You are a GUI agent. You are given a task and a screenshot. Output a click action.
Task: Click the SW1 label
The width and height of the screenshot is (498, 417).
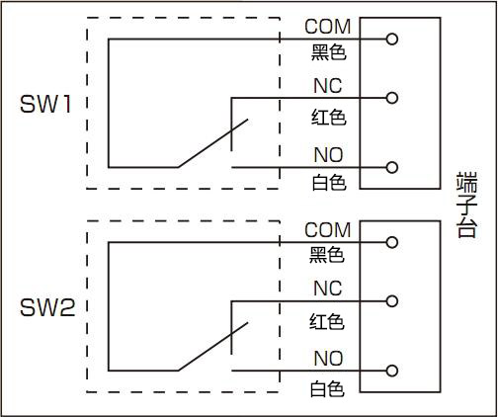click(x=45, y=104)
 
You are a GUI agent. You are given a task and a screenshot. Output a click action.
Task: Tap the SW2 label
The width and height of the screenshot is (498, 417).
click(x=47, y=307)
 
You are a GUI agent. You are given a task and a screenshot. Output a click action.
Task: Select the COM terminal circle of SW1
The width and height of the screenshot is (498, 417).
click(x=392, y=40)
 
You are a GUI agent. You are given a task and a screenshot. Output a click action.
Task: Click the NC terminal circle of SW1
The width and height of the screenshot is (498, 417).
click(x=392, y=98)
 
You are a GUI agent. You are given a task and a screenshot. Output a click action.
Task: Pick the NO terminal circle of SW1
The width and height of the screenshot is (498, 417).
click(x=392, y=167)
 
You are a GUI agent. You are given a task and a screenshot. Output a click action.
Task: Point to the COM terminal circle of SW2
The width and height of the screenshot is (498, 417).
click(x=392, y=242)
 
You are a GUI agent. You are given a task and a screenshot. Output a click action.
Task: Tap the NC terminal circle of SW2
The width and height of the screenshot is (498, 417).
click(x=392, y=301)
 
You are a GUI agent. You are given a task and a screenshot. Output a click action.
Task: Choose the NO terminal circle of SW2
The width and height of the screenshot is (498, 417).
click(x=392, y=371)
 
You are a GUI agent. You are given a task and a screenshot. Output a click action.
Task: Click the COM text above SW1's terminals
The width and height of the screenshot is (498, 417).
click(x=328, y=27)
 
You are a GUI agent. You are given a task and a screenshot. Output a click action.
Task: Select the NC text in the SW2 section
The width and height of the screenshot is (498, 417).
click(x=328, y=289)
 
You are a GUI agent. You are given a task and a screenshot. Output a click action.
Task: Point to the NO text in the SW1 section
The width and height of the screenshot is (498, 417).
click(x=328, y=155)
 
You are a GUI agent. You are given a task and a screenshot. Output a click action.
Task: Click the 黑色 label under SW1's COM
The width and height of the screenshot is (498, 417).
click(x=329, y=52)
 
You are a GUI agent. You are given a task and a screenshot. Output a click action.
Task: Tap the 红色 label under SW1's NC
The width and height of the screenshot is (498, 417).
click(x=329, y=118)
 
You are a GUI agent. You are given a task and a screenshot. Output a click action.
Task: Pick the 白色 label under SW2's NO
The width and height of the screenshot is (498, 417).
click(x=327, y=388)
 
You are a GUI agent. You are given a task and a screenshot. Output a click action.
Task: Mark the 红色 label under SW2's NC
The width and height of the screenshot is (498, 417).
click(x=327, y=321)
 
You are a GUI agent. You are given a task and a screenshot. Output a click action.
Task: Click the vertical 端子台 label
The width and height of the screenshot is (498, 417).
click(x=466, y=205)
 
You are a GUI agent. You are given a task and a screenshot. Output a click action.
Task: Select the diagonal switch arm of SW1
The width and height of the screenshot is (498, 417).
click(x=212, y=143)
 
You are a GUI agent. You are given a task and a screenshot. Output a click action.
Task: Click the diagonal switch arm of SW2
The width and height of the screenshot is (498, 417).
click(x=212, y=347)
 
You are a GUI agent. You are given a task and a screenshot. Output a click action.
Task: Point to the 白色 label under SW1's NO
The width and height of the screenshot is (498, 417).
click(x=329, y=183)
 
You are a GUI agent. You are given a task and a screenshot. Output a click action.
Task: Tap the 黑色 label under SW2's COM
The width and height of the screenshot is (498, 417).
click(x=327, y=255)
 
